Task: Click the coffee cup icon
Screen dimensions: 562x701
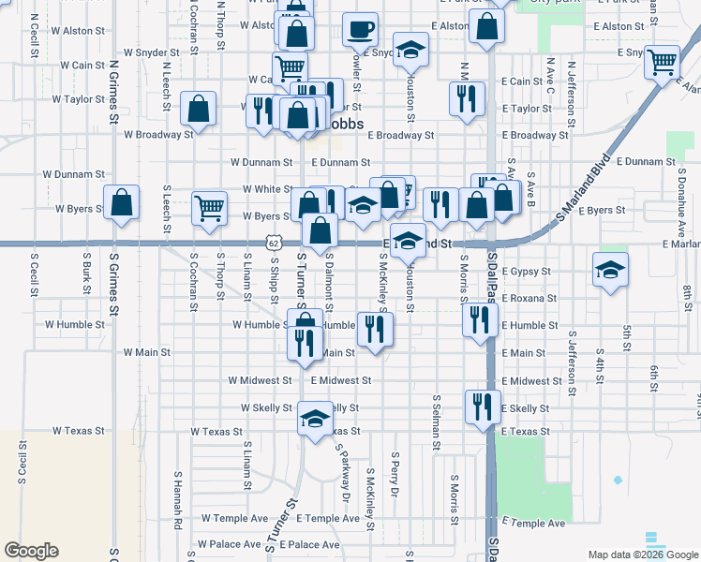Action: coord(360,29)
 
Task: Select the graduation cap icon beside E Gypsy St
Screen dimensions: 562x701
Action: coord(610,269)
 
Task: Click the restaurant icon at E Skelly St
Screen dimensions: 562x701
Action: coord(483,407)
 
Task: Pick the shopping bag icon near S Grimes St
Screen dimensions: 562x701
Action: coord(122,202)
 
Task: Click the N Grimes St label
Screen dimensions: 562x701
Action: coord(113,93)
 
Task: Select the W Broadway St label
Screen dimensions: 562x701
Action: coord(158,134)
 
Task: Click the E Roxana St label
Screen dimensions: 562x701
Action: coord(529,299)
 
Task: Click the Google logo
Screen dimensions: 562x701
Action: coord(31,551)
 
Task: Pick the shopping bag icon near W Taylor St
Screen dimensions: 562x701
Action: coord(201,110)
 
